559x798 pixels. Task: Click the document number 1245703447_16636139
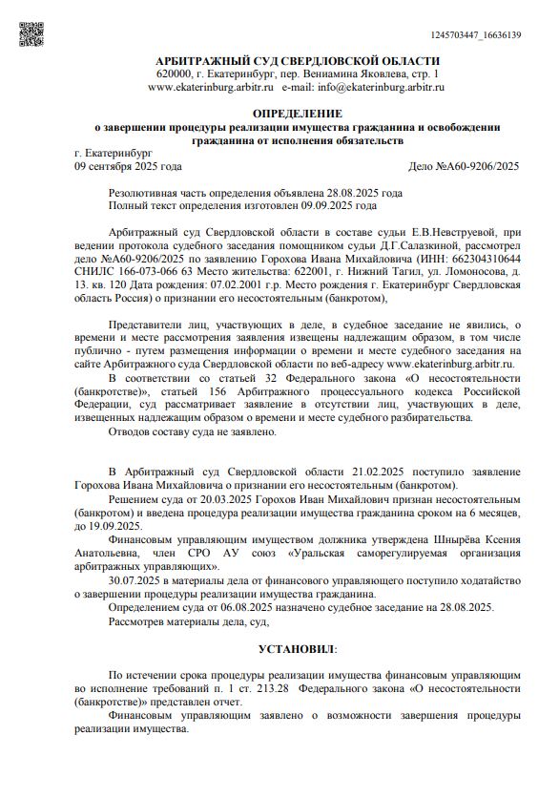point(476,35)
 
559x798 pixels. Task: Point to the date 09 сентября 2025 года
point(128,165)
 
